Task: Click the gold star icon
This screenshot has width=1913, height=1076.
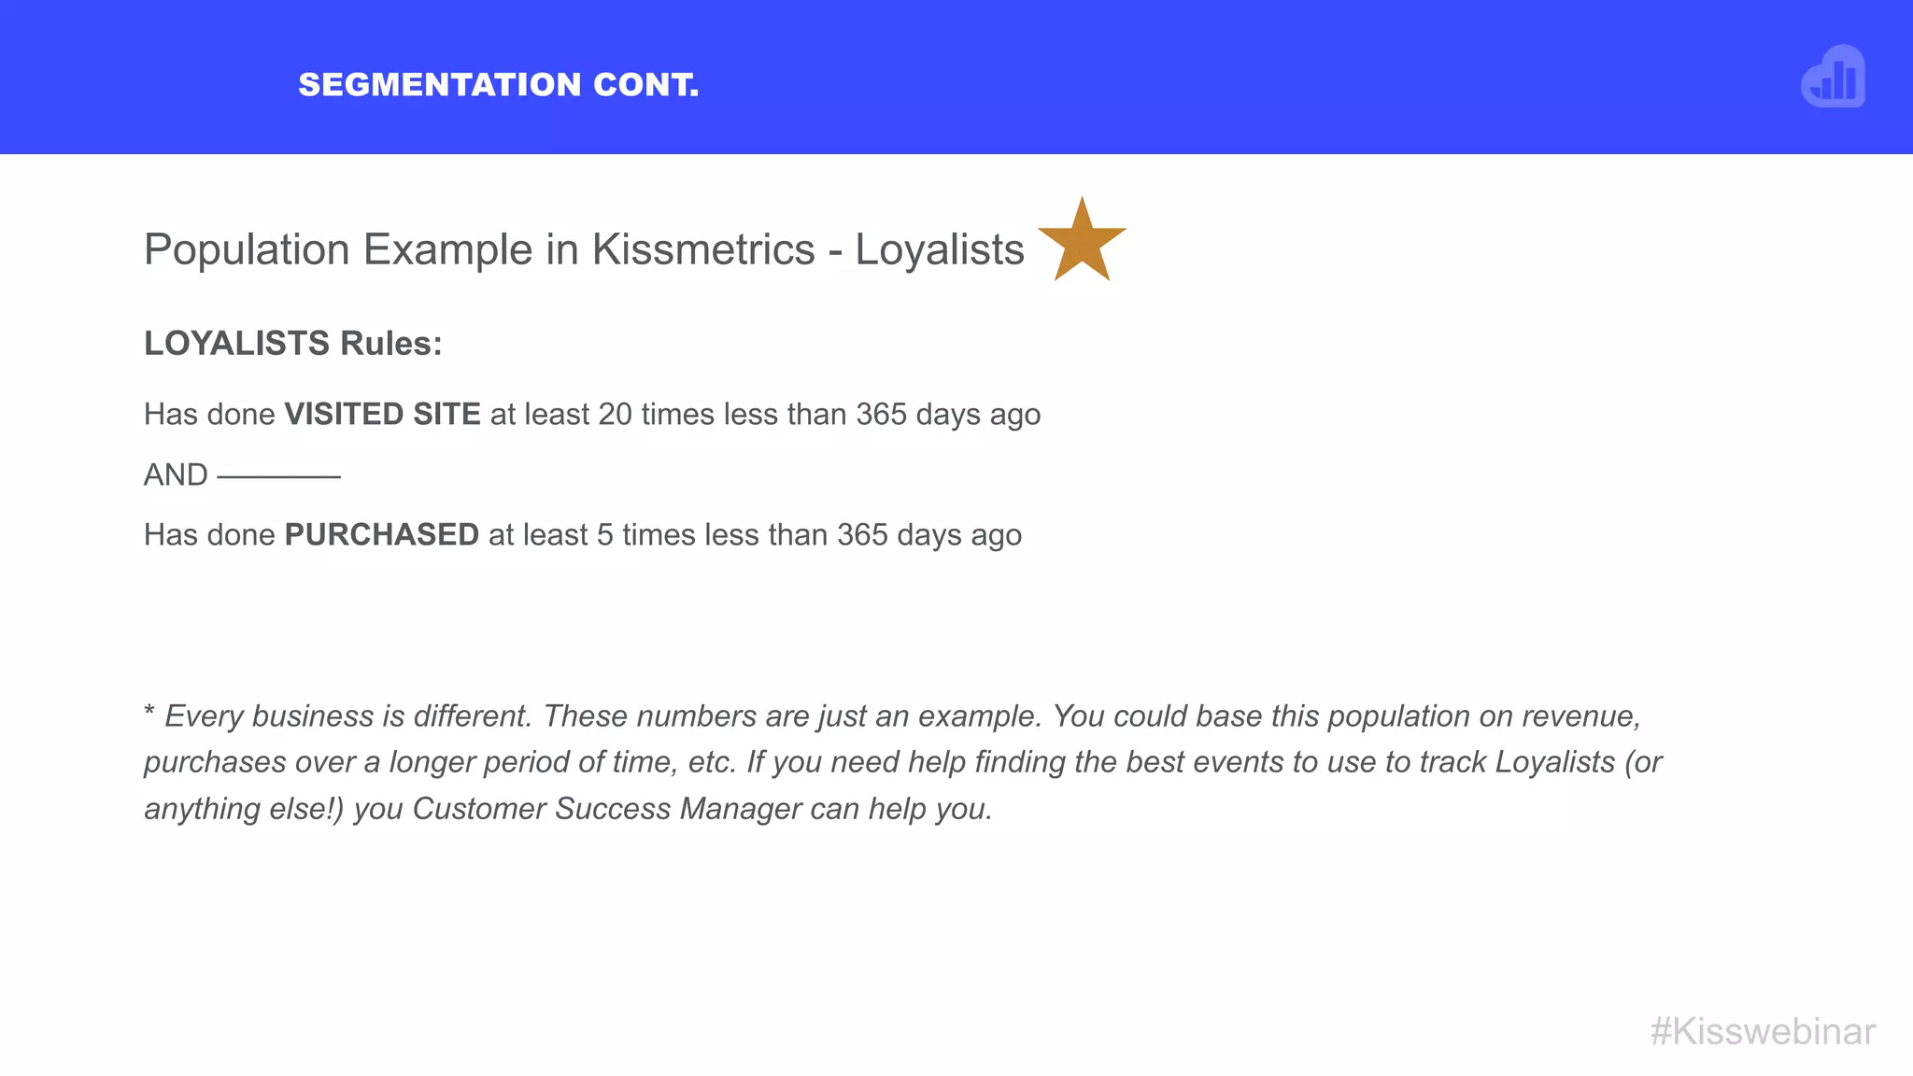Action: pyautogui.click(x=1082, y=243)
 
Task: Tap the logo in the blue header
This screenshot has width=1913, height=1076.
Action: pyautogui.click(x=1833, y=78)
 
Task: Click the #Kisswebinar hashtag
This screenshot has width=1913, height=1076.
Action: pyautogui.click(x=1762, y=1032)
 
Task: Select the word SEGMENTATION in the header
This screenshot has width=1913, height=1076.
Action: pyautogui.click(x=440, y=85)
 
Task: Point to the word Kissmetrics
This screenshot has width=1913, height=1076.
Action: pyautogui.click(x=703, y=249)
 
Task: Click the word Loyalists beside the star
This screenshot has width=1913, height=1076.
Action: pyautogui.click(x=940, y=249)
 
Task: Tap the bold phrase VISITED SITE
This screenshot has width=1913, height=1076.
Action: pyautogui.click(x=382, y=414)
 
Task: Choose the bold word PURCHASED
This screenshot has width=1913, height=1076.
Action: pyautogui.click(x=381, y=534)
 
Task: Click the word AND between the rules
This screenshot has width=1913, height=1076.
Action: pyautogui.click(x=176, y=474)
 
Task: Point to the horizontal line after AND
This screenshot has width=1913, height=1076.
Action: pyautogui.click(x=278, y=476)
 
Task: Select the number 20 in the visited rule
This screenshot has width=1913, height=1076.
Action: pyautogui.click(x=615, y=414)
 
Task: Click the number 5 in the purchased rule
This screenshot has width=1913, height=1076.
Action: pyautogui.click(x=604, y=534)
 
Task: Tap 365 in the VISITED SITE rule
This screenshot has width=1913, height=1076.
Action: pyautogui.click(x=881, y=414)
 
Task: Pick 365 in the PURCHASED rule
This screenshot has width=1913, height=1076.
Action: pyautogui.click(x=862, y=534)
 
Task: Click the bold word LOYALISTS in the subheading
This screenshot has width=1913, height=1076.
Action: pyautogui.click(x=236, y=344)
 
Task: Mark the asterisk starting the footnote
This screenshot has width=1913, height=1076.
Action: pyautogui.click(x=149, y=712)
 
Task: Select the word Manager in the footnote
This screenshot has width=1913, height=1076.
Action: pyautogui.click(x=740, y=809)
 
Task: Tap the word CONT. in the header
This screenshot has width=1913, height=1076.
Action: pyautogui.click(x=645, y=85)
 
